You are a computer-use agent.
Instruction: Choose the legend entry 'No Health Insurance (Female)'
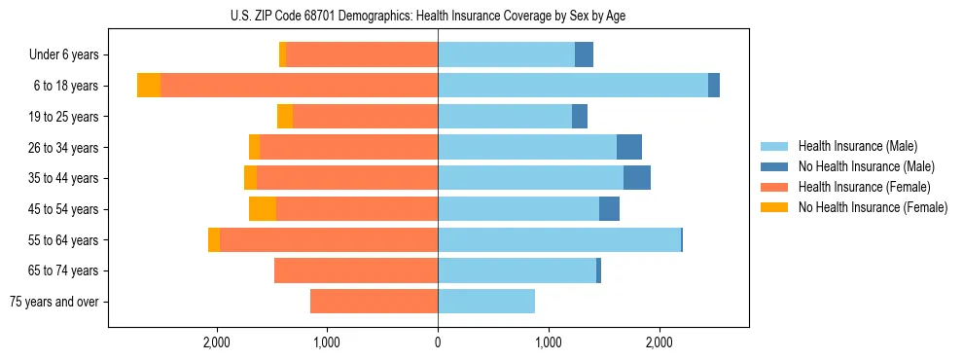873,207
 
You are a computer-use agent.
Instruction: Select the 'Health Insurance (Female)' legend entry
865,187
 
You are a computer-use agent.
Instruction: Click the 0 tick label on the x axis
438,342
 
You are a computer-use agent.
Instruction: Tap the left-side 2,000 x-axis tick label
216,342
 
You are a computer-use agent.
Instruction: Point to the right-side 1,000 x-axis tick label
549,342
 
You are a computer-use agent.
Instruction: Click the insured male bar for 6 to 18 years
573,86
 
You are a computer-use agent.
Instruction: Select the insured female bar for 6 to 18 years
299,86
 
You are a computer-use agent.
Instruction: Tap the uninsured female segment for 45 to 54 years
263,209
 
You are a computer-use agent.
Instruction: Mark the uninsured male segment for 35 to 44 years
637,178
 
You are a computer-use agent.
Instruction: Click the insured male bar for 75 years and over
486,302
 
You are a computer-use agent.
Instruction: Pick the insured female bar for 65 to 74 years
356,270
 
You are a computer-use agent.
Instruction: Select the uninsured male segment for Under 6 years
584,54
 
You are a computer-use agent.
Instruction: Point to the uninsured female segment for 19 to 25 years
285,117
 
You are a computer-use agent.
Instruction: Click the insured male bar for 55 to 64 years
559,239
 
